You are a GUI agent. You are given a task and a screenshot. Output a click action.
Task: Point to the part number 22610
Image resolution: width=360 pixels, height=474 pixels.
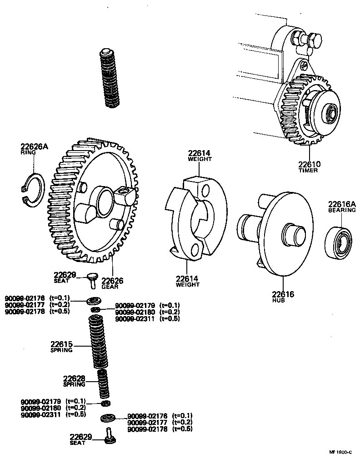310,164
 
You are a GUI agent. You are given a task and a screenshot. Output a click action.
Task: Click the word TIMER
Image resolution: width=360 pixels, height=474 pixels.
308,171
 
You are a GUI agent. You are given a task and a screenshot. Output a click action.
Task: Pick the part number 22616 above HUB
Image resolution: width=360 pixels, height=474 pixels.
283,294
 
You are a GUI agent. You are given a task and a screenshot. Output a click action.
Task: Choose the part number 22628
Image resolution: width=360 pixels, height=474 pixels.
74,378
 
